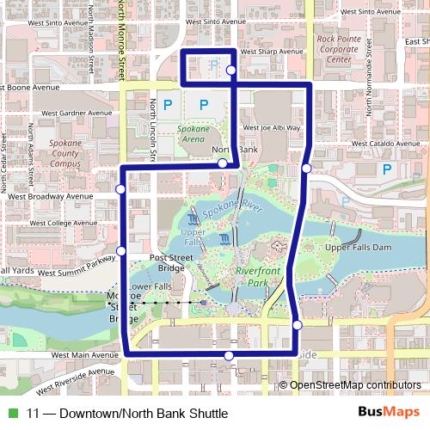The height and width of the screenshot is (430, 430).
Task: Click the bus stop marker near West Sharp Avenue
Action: (230, 71)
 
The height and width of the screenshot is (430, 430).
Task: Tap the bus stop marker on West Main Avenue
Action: (229, 355)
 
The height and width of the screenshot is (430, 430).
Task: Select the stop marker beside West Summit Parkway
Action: (121, 250)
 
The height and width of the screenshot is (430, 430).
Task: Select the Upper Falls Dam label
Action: (359, 248)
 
